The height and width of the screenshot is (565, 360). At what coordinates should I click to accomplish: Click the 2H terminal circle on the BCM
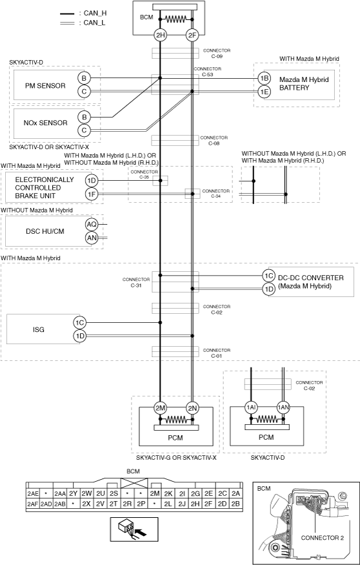coord(160,35)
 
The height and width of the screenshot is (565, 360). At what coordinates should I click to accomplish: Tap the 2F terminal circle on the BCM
coord(192,35)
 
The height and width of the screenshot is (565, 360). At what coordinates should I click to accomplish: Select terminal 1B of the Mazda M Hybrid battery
coord(264,78)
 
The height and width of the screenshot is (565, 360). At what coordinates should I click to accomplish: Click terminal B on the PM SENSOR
coord(84,78)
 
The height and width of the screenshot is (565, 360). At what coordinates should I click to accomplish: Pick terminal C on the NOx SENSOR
coord(84,130)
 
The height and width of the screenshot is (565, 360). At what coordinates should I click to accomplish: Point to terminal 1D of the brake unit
coord(91,180)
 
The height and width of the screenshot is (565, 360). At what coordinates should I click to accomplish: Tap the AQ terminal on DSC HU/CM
coord(91,225)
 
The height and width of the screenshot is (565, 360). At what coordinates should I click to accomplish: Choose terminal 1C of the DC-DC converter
coord(268,276)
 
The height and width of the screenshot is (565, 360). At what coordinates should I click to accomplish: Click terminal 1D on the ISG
coord(79,336)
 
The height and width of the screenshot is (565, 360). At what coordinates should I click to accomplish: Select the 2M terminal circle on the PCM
coord(160,408)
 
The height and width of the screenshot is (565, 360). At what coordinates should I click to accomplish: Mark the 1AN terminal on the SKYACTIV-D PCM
coord(283,408)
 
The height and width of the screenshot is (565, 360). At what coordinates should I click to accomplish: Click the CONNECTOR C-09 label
coord(217,54)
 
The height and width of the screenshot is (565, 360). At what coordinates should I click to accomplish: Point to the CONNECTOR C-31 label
coord(136,282)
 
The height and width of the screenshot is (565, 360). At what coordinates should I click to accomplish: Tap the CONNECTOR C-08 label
coord(214,141)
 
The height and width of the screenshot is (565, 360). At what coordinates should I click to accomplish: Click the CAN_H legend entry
coord(83,14)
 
